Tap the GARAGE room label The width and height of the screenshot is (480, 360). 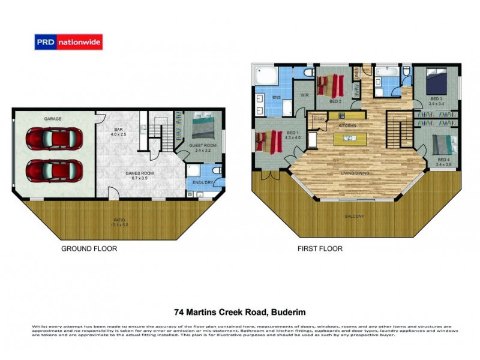[53, 119]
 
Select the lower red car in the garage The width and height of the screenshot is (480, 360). [50, 170]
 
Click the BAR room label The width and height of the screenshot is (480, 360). [122, 131]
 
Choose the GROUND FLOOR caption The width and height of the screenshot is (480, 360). [89, 248]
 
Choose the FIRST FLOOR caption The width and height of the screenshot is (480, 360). [320, 248]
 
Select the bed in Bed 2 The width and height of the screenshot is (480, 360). [329, 85]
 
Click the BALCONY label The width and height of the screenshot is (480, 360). [355, 216]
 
